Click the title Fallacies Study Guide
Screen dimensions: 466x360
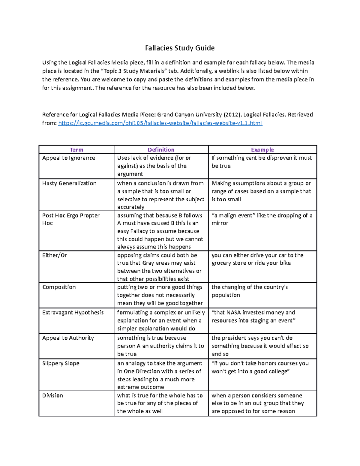[180, 48]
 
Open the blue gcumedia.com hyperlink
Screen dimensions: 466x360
[160, 123]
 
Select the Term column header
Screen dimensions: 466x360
[76, 150]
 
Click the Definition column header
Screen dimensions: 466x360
[161, 150]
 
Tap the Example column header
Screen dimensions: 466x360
[262, 150]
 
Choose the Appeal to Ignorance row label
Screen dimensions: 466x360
[68, 158]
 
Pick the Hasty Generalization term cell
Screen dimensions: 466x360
[69, 183]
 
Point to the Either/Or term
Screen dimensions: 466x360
[55, 255]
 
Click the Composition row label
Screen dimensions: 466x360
[59, 287]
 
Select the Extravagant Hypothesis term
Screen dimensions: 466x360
[73, 313]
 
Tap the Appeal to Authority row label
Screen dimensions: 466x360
[68, 338]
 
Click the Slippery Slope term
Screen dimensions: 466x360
[61, 363]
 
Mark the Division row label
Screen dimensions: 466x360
[52, 395]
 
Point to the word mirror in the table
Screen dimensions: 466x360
[220, 223]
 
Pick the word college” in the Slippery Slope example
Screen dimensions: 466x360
[277, 371]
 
